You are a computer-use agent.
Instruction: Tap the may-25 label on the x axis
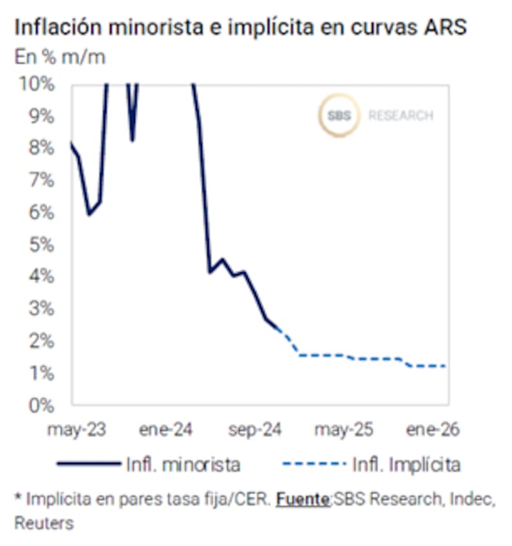coord(344,429)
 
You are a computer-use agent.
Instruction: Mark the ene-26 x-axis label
coord(433,429)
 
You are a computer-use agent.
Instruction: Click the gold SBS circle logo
coord(339,116)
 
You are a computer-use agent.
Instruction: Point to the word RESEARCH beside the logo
coord(401,116)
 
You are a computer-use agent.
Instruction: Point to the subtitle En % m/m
coord(60,57)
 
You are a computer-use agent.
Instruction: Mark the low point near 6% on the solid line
coord(89,214)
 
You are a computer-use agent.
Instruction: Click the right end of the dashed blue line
coord(445,366)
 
